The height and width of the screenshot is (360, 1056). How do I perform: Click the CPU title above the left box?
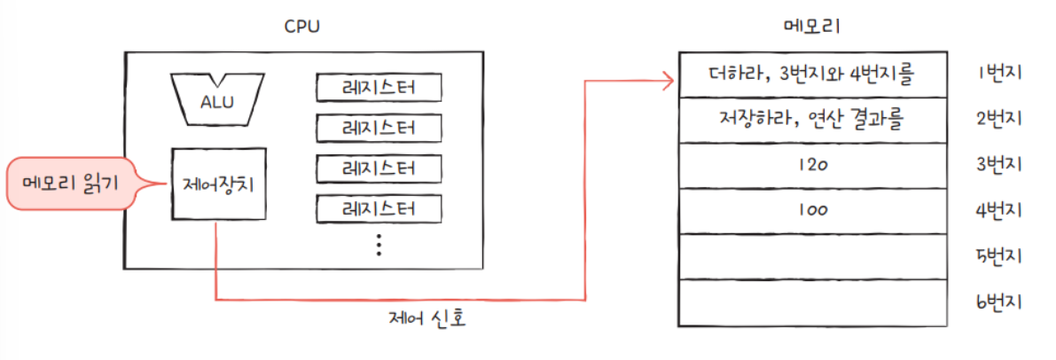[x=301, y=27]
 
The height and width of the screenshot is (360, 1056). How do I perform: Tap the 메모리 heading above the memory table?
[x=811, y=27]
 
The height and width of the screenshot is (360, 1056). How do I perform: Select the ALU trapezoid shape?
[x=217, y=98]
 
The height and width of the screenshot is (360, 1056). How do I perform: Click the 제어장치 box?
[x=217, y=184]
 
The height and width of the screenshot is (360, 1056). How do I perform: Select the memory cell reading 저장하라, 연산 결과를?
[x=811, y=119]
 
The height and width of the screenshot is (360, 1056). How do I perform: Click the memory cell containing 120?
[x=811, y=165]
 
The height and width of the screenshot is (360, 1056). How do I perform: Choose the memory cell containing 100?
[x=811, y=211]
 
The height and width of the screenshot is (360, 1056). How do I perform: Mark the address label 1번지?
[x=998, y=73]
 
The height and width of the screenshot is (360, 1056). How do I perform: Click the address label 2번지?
[x=998, y=119]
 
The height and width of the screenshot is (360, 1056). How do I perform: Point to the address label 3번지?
[x=998, y=165]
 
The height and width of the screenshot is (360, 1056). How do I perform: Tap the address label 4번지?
[x=998, y=211]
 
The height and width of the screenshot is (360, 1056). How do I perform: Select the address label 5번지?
[x=998, y=257]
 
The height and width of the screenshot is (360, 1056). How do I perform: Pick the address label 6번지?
[x=998, y=302]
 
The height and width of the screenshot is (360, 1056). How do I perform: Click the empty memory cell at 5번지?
[x=811, y=257]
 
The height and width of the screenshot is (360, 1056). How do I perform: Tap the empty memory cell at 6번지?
[x=811, y=302]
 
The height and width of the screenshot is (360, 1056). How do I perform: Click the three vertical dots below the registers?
[x=379, y=244]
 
